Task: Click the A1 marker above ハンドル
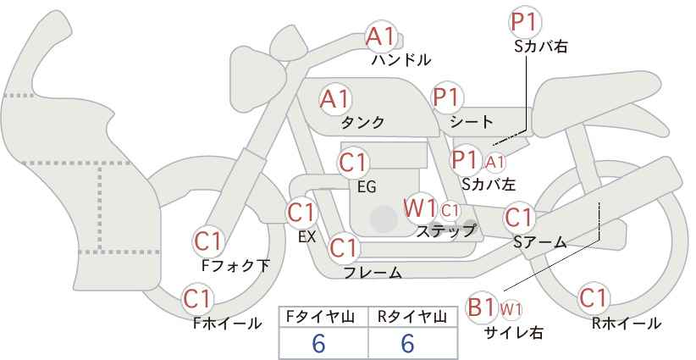tap(380, 37)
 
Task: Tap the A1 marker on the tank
tap(335, 99)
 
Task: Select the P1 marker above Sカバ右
tap(526, 23)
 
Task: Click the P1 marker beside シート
tap(447, 97)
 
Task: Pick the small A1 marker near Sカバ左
tap(494, 163)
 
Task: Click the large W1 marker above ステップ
tap(419, 208)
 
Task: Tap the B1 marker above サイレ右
tap(481, 307)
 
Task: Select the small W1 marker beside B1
tap(511, 309)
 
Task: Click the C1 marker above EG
tap(353, 163)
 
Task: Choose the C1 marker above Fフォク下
tap(208, 242)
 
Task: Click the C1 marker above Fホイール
tap(197, 299)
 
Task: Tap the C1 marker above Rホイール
tap(594, 298)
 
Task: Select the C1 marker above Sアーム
tap(518, 218)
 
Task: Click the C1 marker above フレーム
tap(344, 247)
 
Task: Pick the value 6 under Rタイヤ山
tap(407, 343)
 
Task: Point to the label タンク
tap(362, 122)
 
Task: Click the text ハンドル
tap(401, 60)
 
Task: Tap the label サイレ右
tap(514, 332)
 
